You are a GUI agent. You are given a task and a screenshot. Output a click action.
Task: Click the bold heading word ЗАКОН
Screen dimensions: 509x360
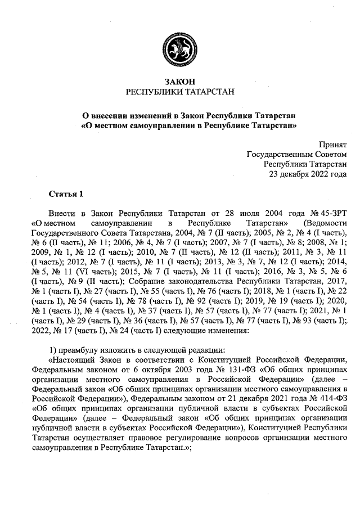(180, 82)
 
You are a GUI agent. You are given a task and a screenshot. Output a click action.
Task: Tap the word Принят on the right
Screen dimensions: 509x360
(333, 144)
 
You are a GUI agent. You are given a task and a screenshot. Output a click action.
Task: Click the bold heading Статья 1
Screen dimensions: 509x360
(66, 194)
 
